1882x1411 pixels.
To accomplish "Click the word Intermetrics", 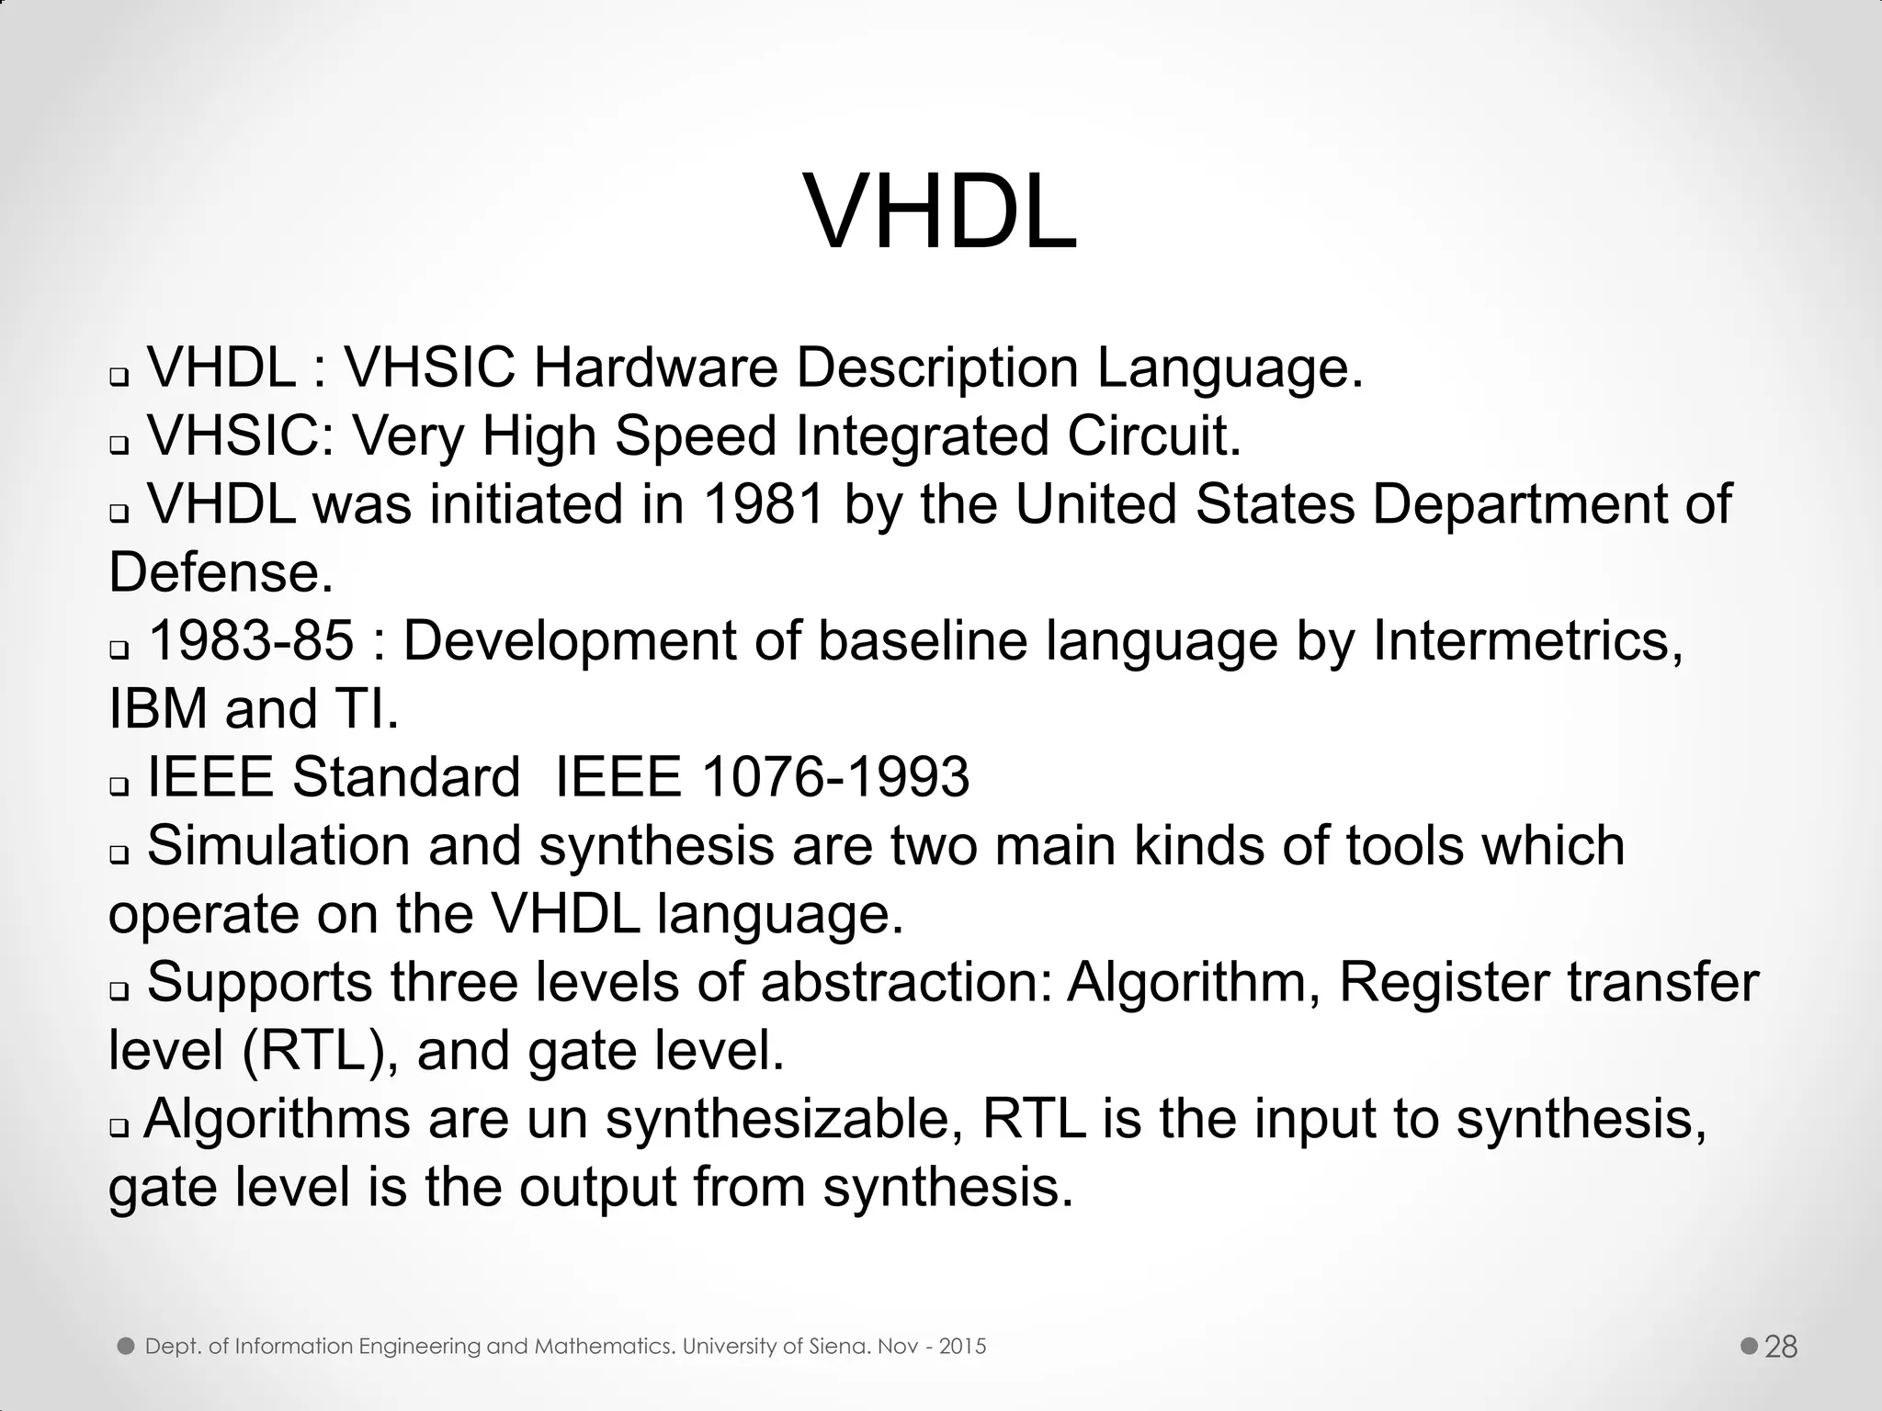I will coord(1528,640).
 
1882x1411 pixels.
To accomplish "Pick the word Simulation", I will coord(278,845).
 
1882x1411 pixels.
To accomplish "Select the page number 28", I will coord(1781,1347).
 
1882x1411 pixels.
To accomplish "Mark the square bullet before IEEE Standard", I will coord(119,787).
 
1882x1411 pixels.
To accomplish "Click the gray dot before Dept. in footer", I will coord(127,1347).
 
